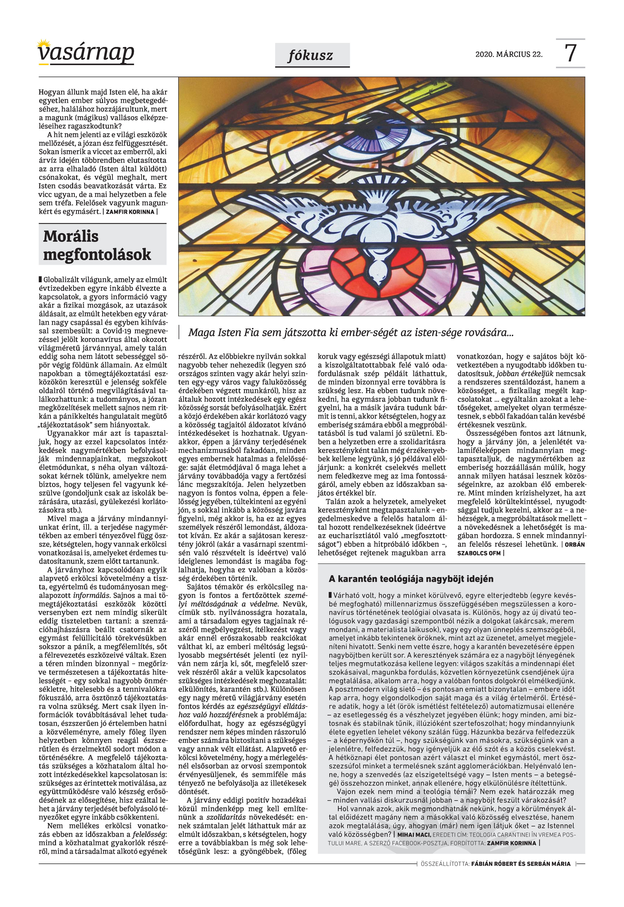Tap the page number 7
click(x=570, y=53)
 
